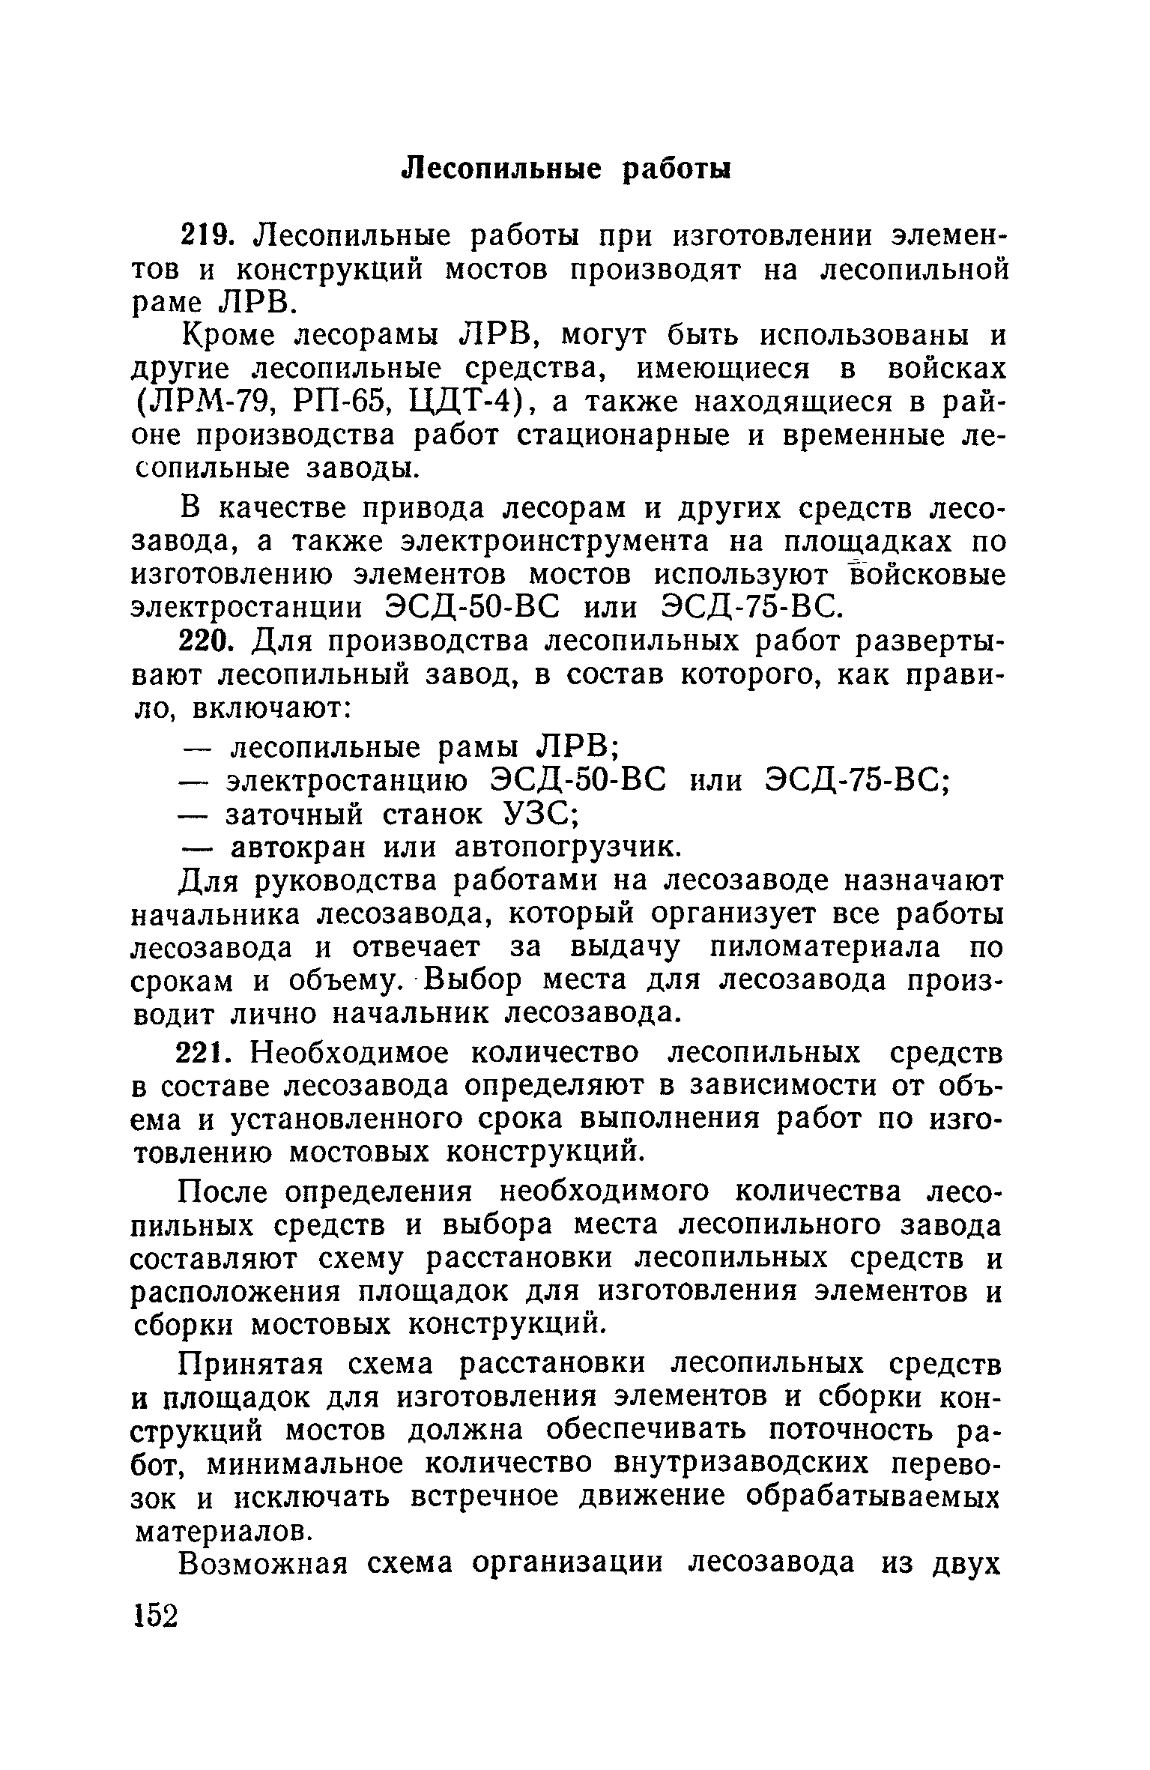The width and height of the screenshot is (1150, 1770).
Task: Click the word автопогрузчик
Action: click(569, 848)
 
